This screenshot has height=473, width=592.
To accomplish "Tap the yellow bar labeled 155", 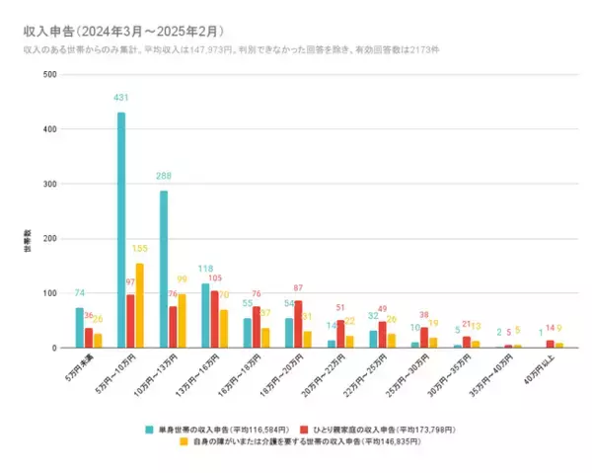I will pos(140,305).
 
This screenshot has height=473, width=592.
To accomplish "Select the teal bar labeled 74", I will pos(80,328).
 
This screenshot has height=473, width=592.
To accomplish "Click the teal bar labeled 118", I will pos(205,316).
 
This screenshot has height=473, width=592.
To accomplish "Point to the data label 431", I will pos(121,102).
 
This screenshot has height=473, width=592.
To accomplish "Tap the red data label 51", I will pos(340,308).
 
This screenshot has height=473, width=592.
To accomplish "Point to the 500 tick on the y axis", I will pos(49,75).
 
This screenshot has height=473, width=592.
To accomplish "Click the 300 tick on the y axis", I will pos(49,185).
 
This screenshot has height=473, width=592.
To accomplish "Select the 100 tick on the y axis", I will pos(49,293).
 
